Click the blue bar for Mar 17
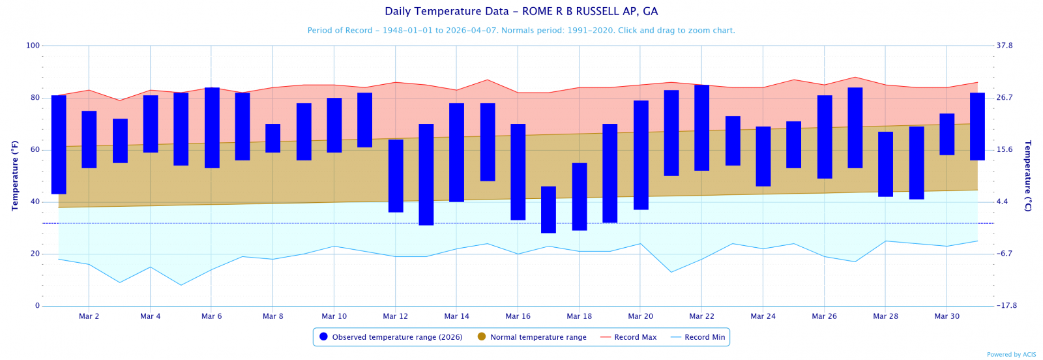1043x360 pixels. coord(548,209)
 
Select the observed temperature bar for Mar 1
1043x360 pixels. coord(59,144)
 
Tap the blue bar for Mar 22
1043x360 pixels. coord(701,127)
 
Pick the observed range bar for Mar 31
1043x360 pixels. coord(977,126)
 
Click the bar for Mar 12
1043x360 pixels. coord(396,175)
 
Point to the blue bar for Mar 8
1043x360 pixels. coord(272,138)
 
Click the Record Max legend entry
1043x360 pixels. coord(628,337)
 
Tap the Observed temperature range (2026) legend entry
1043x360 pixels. coord(391,337)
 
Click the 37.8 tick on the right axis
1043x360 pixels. coord(1005,46)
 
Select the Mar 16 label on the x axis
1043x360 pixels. coord(518,316)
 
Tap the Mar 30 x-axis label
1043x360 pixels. coord(947,316)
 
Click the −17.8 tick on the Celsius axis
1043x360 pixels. coord(1006,306)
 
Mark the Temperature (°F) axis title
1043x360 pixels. coord(15,175)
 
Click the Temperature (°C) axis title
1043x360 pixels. coord(1028,175)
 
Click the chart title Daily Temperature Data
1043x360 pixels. coord(521,12)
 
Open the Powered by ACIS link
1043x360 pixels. coord(1011,355)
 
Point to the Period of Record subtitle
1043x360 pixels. coord(521,31)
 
